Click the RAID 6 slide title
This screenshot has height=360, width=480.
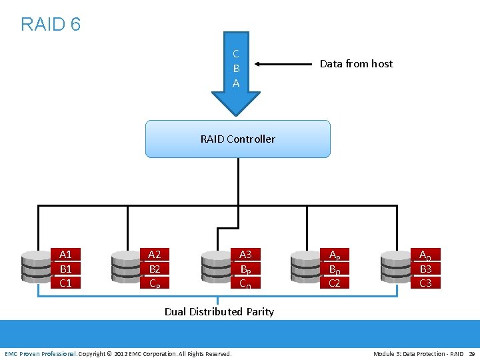[51, 25]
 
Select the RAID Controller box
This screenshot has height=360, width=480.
[237, 139]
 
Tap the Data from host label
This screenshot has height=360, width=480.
[356, 64]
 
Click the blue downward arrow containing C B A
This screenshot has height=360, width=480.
[236, 70]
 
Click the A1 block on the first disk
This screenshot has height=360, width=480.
[65, 254]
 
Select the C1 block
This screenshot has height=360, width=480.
[65, 283]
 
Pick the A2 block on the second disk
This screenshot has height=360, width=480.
[154, 254]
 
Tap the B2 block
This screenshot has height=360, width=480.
[154, 269]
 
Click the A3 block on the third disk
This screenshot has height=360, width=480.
[245, 254]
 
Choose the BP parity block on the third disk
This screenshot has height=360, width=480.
[245, 269]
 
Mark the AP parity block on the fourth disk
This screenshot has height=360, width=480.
[334, 255]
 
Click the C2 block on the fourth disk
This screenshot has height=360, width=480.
[334, 283]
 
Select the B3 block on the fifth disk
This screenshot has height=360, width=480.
[425, 269]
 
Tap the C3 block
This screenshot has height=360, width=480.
[425, 283]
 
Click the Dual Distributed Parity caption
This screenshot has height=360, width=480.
[219, 311]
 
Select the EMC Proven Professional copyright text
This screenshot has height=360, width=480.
[118, 353]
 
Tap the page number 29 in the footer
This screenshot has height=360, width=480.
[471, 353]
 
